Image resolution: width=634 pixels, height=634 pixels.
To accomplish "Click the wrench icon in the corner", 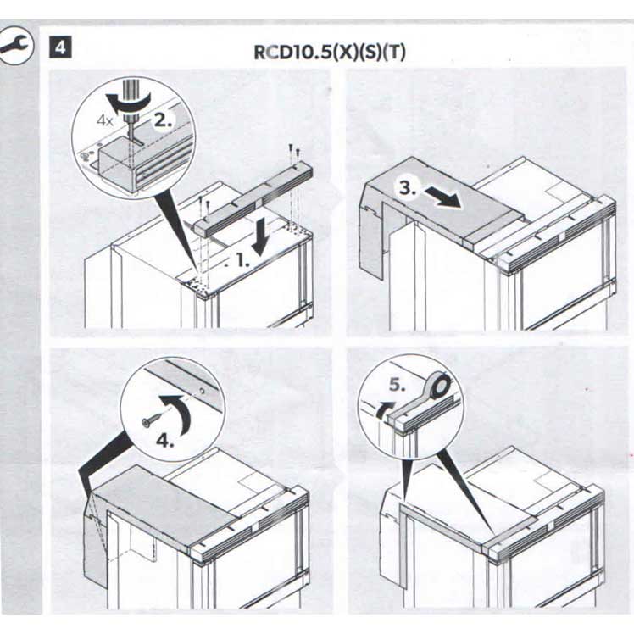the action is click(15, 45).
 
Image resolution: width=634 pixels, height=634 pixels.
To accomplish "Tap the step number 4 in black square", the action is click(60, 47).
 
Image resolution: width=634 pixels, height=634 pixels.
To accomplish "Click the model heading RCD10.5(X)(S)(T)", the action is click(330, 53).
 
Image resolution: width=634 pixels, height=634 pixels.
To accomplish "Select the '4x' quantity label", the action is click(105, 120).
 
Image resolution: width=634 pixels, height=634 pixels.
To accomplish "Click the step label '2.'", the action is click(164, 120).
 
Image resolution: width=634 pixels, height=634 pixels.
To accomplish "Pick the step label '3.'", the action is click(408, 187).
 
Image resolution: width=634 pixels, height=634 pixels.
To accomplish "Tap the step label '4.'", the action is click(165, 440).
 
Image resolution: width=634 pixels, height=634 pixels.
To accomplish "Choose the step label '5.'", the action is click(397, 385).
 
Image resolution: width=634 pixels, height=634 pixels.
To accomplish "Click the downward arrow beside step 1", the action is click(259, 237).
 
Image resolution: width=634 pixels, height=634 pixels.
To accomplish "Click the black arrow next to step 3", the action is click(442, 197).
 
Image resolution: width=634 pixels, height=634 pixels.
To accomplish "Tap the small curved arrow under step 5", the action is click(385, 409).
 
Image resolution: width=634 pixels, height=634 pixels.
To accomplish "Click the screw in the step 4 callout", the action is click(153, 418).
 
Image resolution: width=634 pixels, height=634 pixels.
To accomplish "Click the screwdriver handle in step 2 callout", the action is click(131, 99).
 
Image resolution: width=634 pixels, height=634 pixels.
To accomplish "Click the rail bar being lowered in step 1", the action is click(254, 198).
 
